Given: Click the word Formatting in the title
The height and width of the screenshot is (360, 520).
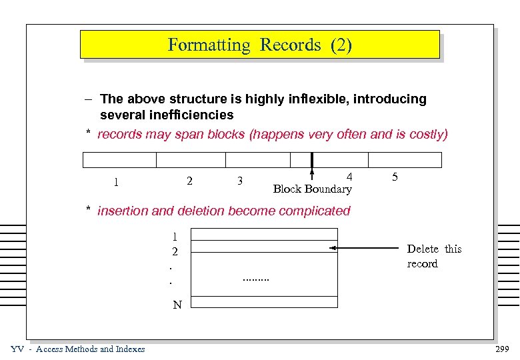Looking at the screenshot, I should pyautogui.click(x=209, y=45).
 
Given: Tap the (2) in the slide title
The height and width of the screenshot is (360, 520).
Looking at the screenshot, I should pyautogui.click(x=339, y=45).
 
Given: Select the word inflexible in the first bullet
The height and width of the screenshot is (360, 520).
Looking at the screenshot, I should pyautogui.click(x=317, y=99).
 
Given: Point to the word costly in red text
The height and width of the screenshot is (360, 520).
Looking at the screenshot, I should pyautogui.click(x=428, y=135).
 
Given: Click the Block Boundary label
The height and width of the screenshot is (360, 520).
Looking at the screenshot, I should pyautogui.click(x=312, y=189).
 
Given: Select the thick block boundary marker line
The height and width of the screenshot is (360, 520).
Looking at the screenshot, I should pyautogui.click(x=311, y=163).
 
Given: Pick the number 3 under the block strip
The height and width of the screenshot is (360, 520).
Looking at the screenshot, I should pyautogui.click(x=239, y=181).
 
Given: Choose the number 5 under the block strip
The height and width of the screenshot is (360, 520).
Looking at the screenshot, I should pyautogui.click(x=395, y=177).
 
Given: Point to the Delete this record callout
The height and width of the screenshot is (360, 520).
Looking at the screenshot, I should pyautogui.click(x=433, y=256).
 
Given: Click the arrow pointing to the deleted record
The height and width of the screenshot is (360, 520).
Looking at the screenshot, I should pyautogui.click(x=367, y=248).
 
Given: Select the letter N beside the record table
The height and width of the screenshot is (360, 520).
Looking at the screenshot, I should pyautogui.click(x=177, y=305).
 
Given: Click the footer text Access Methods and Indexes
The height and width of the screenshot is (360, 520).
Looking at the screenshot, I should pyautogui.click(x=90, y=349).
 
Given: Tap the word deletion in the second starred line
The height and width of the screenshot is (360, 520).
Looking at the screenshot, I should pyautogui.click(x=202, y=211).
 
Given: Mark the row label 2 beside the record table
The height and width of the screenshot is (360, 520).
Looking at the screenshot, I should pyautogui.click(x=175, y=252).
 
